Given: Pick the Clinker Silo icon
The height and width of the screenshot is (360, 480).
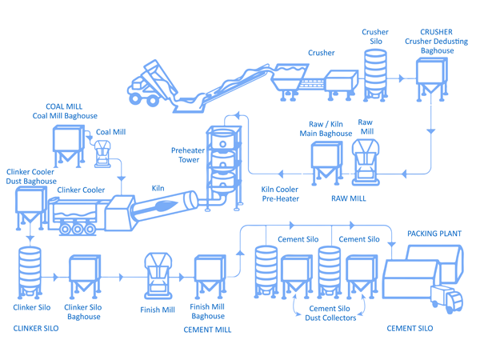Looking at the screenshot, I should click(x=30, y=272).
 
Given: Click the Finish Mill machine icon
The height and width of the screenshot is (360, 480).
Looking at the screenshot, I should click(x=158, y=276).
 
